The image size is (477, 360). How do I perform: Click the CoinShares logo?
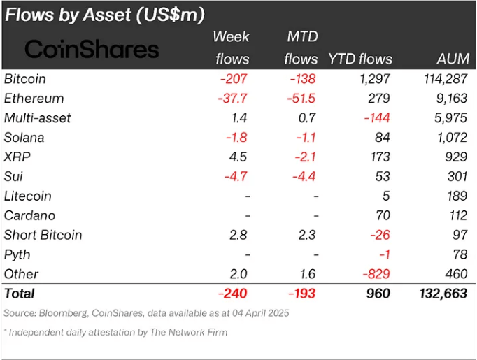coord(92,49)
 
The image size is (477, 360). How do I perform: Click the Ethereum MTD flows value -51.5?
coord(302,99)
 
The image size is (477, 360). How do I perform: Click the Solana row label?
coord(25,138)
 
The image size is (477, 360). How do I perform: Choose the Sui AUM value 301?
coord(456,177)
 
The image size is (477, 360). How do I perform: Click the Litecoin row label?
coord(28,196)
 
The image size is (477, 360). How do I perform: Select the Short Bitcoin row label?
coord(43,236)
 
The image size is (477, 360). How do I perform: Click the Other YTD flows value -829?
coord(376,274)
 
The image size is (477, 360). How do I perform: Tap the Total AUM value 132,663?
coord(441,294)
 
